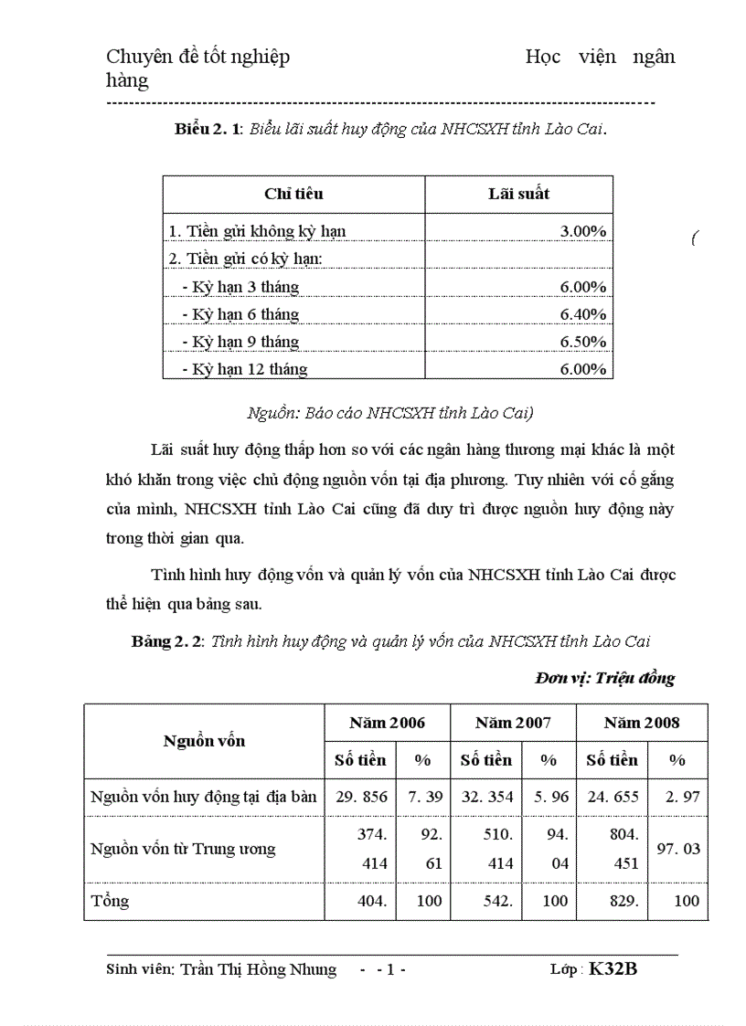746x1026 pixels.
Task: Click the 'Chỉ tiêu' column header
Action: pyautogui.click(x=293, y=194)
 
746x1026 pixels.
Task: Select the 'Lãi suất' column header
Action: pyautogui.click(x=518, y=194)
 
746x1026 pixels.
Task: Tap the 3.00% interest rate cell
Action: pyautogui.click(x=583, y=231)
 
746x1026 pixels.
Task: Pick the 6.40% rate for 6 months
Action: pyautogui.click(x=583, y=314)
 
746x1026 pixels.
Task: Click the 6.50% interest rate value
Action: pyautogui.click(x=583, y=342)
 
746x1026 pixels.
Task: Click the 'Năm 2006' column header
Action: pyautogui.click(x=387, y=723)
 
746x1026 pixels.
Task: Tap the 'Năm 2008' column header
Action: pyautogui.click(x=642, y=723)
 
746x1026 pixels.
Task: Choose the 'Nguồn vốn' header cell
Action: pyautogui.click(x=204, y=741)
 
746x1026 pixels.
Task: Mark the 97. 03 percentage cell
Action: pyautogui.click(x=678, y=849)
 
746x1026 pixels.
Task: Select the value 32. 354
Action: pyautogui.click(x=487, y=797)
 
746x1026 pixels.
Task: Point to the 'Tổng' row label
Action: pyautogui.click(x=110, y=901)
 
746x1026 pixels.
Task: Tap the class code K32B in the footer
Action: pyautogui.click(x=613, y=969)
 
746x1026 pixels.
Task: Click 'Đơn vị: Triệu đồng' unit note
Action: pyautogui.click(x=604, y=678)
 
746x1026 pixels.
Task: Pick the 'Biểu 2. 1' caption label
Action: pyautogui.click(x=208, y=129)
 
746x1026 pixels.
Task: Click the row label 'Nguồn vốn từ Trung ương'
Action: pyautogui.click(x=183, y=849)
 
